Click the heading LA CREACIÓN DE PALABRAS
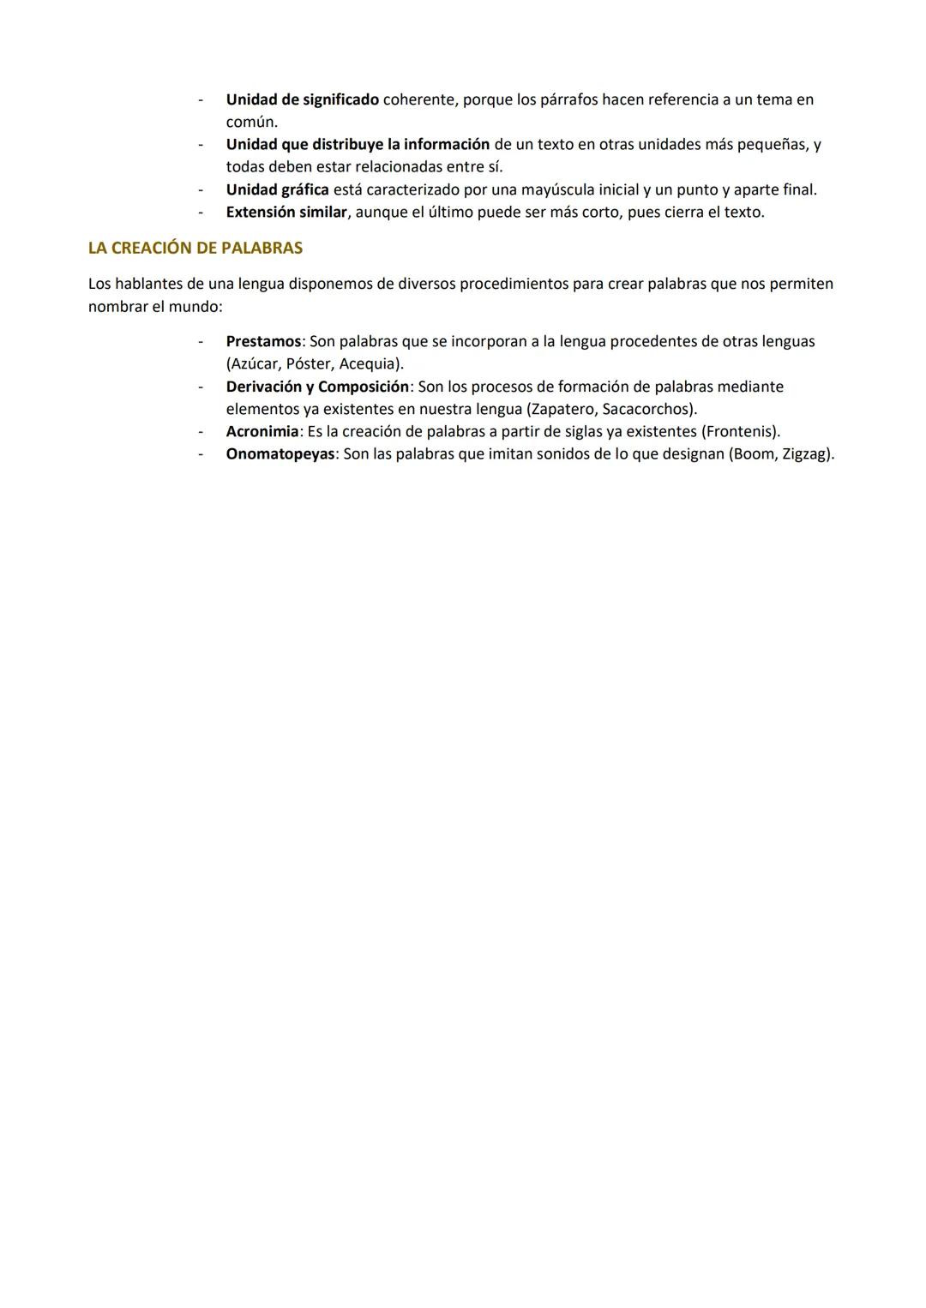pyautogui.click(x=195, y=249)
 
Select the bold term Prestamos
pyautogui.click(x=263, y=341)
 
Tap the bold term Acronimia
pyautogui.click(x=262, y=431)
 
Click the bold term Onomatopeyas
pyautogui.click(x=280, y=453)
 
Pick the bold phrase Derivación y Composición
pyautogui.click(x=317, y=387)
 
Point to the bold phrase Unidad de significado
pyautogui.click(x=302, y=99)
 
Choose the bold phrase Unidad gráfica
pyautogui.click(x=277, y=189)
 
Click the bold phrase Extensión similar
pyautogui.click(x=286, y=212)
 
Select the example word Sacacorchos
pyautogui.click(x=648, y=409)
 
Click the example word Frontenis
pyautogui.click(x=740, y=431)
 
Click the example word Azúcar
pyautogui.click(x=254, y=363)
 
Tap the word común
pyautogui.click(x=251, y=123)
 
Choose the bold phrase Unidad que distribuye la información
pyautogui.click(x=358, y=144)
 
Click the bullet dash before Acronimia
pyautogui.click(x=201, y=431)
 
